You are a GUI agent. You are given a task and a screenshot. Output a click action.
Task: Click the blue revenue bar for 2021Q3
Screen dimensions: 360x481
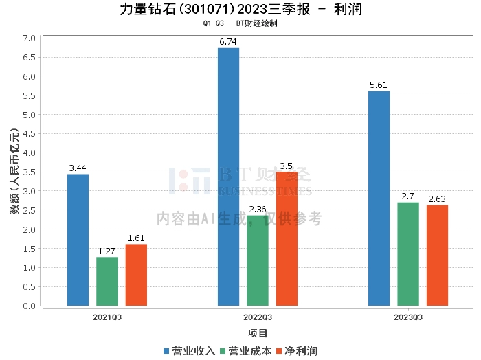click(x=78, y=240)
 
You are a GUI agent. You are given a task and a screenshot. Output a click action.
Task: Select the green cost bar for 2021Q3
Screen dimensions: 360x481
click(x=107, y=281)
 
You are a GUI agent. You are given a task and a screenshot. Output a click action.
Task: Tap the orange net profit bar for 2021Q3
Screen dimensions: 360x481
click(x=136, y=275)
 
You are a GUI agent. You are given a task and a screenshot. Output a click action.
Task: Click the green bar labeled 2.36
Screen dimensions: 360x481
click(x=258, y=260)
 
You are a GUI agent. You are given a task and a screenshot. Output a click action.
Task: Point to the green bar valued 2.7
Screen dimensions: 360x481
click(x=408, y=254)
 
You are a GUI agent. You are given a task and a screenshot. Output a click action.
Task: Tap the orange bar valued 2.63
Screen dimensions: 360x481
click(x=437, y=255)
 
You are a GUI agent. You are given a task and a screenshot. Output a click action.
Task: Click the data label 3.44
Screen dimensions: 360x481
click(x=78, y=168)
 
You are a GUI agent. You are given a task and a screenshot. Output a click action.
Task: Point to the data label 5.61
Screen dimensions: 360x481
click(x=379, y=85)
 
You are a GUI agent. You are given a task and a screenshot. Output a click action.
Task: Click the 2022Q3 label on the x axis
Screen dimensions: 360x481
click(x=258, y=317)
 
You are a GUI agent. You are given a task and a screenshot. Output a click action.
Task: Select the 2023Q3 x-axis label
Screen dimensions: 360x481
click(x=408, y=317)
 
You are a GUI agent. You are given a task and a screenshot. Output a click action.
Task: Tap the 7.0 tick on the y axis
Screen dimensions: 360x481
click(x=28, y=38)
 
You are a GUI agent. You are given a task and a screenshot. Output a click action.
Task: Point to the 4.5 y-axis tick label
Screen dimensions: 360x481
click(x=28, y=133)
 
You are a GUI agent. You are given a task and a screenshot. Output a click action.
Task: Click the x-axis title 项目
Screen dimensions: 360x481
click(x=258, y=333)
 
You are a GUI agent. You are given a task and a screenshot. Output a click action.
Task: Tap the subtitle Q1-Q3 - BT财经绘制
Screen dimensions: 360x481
click(x=240, y=23)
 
